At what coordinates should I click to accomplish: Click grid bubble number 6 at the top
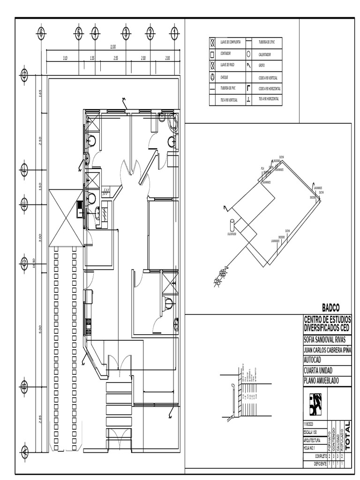click(41, 33)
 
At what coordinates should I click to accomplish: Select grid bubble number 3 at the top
click(126, 33)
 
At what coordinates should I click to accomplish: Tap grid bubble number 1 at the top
click(174, 33)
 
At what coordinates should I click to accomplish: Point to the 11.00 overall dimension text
click(112, 47)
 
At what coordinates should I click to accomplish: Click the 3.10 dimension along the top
click(66, 58)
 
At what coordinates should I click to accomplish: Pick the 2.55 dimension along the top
click(115, 58)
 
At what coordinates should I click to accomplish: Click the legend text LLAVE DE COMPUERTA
click(230, 42)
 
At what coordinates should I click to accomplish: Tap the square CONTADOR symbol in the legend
click(212, 54)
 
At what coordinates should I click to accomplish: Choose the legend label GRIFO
click(262, 65)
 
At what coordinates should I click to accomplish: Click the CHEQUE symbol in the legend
click(212, 76)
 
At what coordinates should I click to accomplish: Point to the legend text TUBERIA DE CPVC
click(268, 42)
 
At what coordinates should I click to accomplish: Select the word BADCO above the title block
click(330, 307)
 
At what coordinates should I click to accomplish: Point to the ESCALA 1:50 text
click(311, 432)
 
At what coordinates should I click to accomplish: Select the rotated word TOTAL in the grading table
click(347, 430)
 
